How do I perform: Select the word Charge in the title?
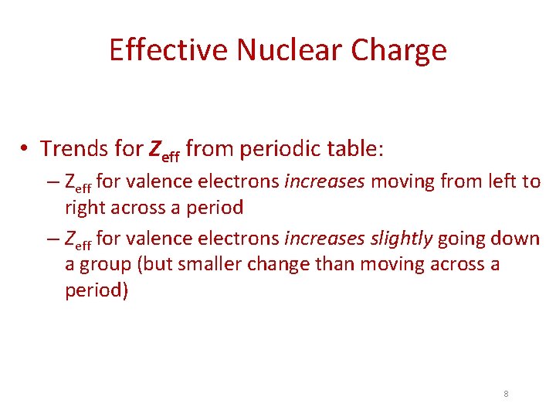399,50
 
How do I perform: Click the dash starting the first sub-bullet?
53,182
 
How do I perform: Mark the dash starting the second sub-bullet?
53,239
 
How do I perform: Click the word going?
462,239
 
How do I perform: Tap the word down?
516,238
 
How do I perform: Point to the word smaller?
212,264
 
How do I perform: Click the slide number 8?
506,394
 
